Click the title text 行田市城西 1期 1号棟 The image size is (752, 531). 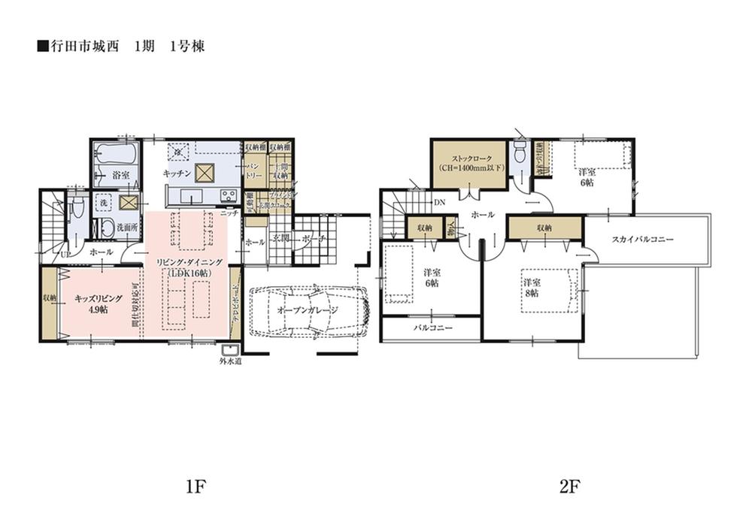pyautogui.click(x=120, y=46)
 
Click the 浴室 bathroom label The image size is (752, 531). pyautogui.click(x=120, y=174)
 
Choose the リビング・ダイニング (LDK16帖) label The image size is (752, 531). pyautogui.click(x=188, y=267)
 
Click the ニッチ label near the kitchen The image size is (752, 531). pyautogui.click(x=231, y=213)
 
